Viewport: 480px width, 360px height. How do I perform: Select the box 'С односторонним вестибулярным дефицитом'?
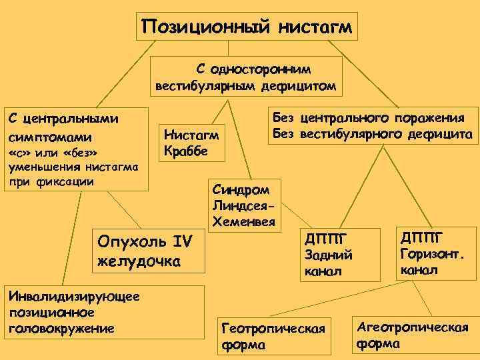coord(247,77)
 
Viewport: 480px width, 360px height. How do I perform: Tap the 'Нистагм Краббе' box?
coord(191,143)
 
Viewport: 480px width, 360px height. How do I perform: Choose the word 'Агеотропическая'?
coord(413,327)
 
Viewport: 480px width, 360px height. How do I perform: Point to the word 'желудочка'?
coord(139,260)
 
